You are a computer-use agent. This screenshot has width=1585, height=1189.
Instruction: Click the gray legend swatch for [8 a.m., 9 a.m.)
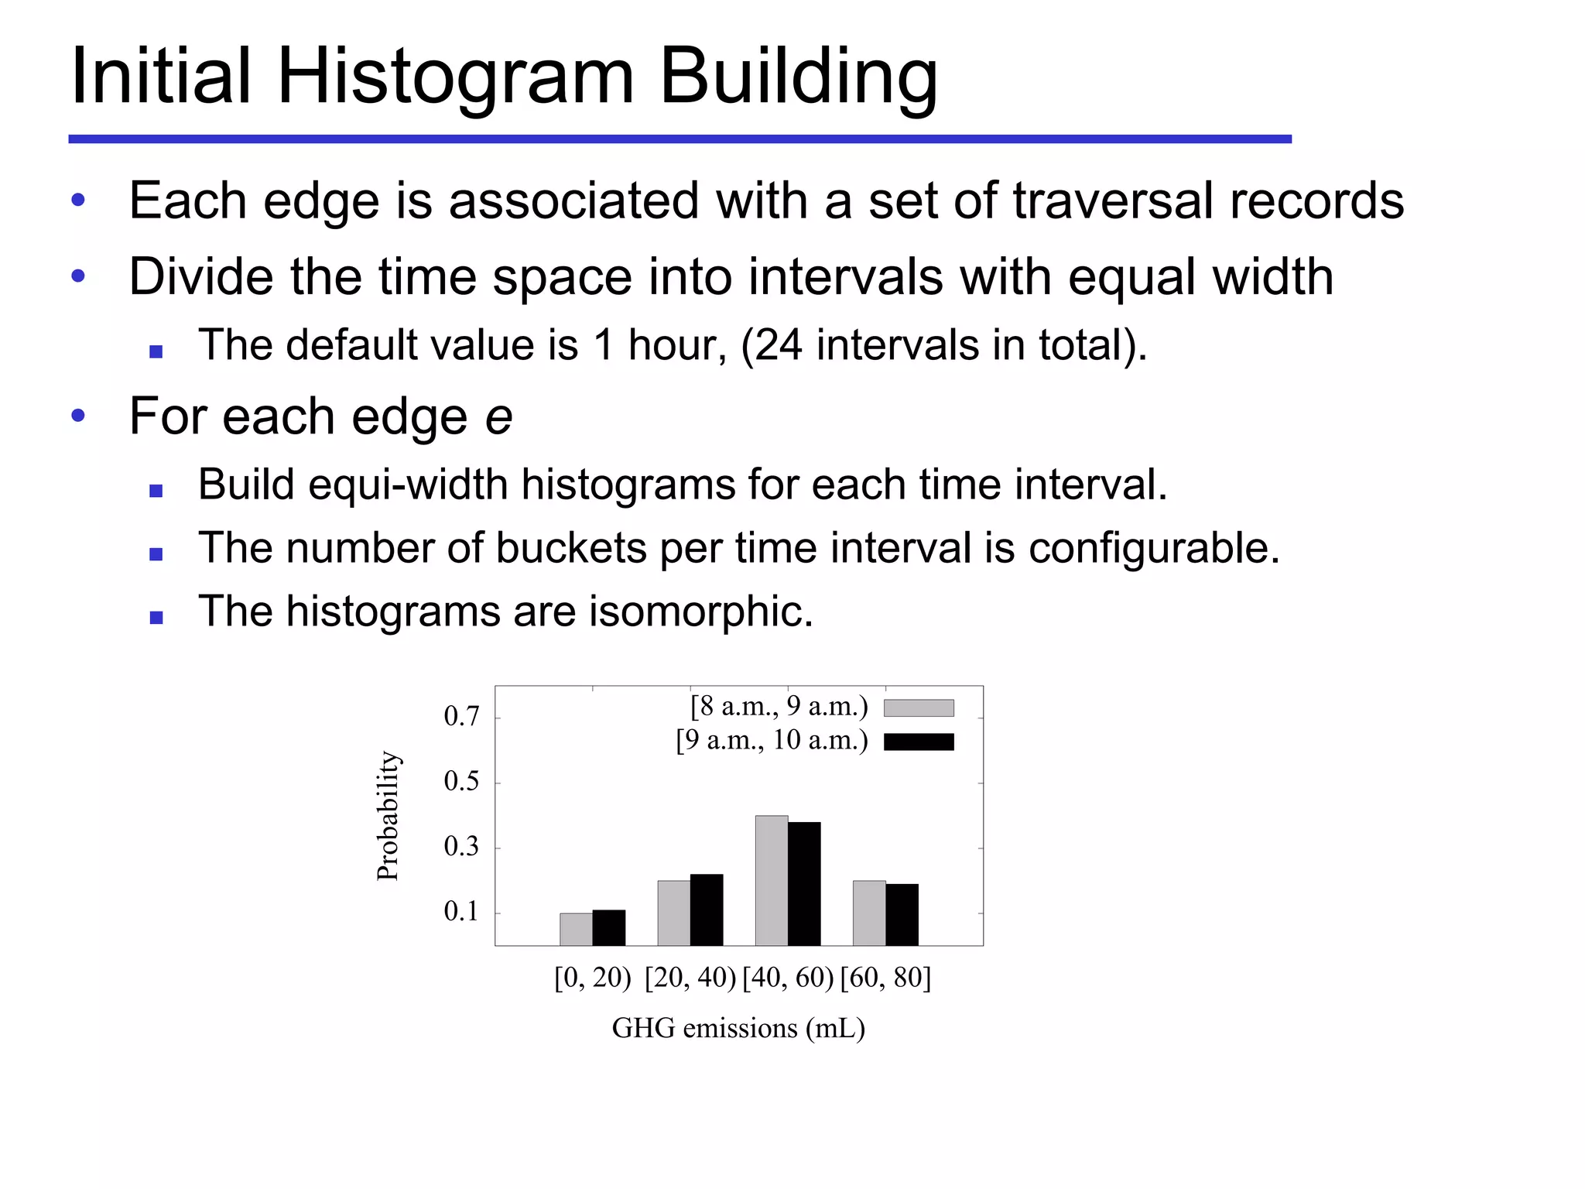(918, 708)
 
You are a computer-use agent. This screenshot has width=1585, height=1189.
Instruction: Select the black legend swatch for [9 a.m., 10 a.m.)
(918, 742)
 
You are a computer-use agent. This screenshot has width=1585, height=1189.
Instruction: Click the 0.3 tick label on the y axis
(461, 847)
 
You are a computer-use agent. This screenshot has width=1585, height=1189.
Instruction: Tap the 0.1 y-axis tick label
(461, 912)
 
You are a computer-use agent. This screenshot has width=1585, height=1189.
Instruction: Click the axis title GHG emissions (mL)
(738, 1028)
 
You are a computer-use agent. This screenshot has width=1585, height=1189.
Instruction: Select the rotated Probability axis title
(388, 816)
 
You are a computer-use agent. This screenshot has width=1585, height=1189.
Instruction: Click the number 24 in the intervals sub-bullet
(778, 345)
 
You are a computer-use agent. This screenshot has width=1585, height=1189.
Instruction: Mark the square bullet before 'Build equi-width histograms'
(156, 490)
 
